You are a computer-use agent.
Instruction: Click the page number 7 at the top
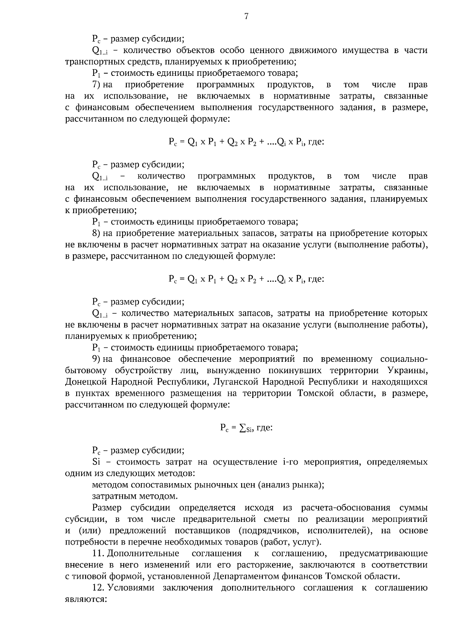tap(246, 16)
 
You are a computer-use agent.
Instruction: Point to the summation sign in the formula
tap(242, 428)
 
